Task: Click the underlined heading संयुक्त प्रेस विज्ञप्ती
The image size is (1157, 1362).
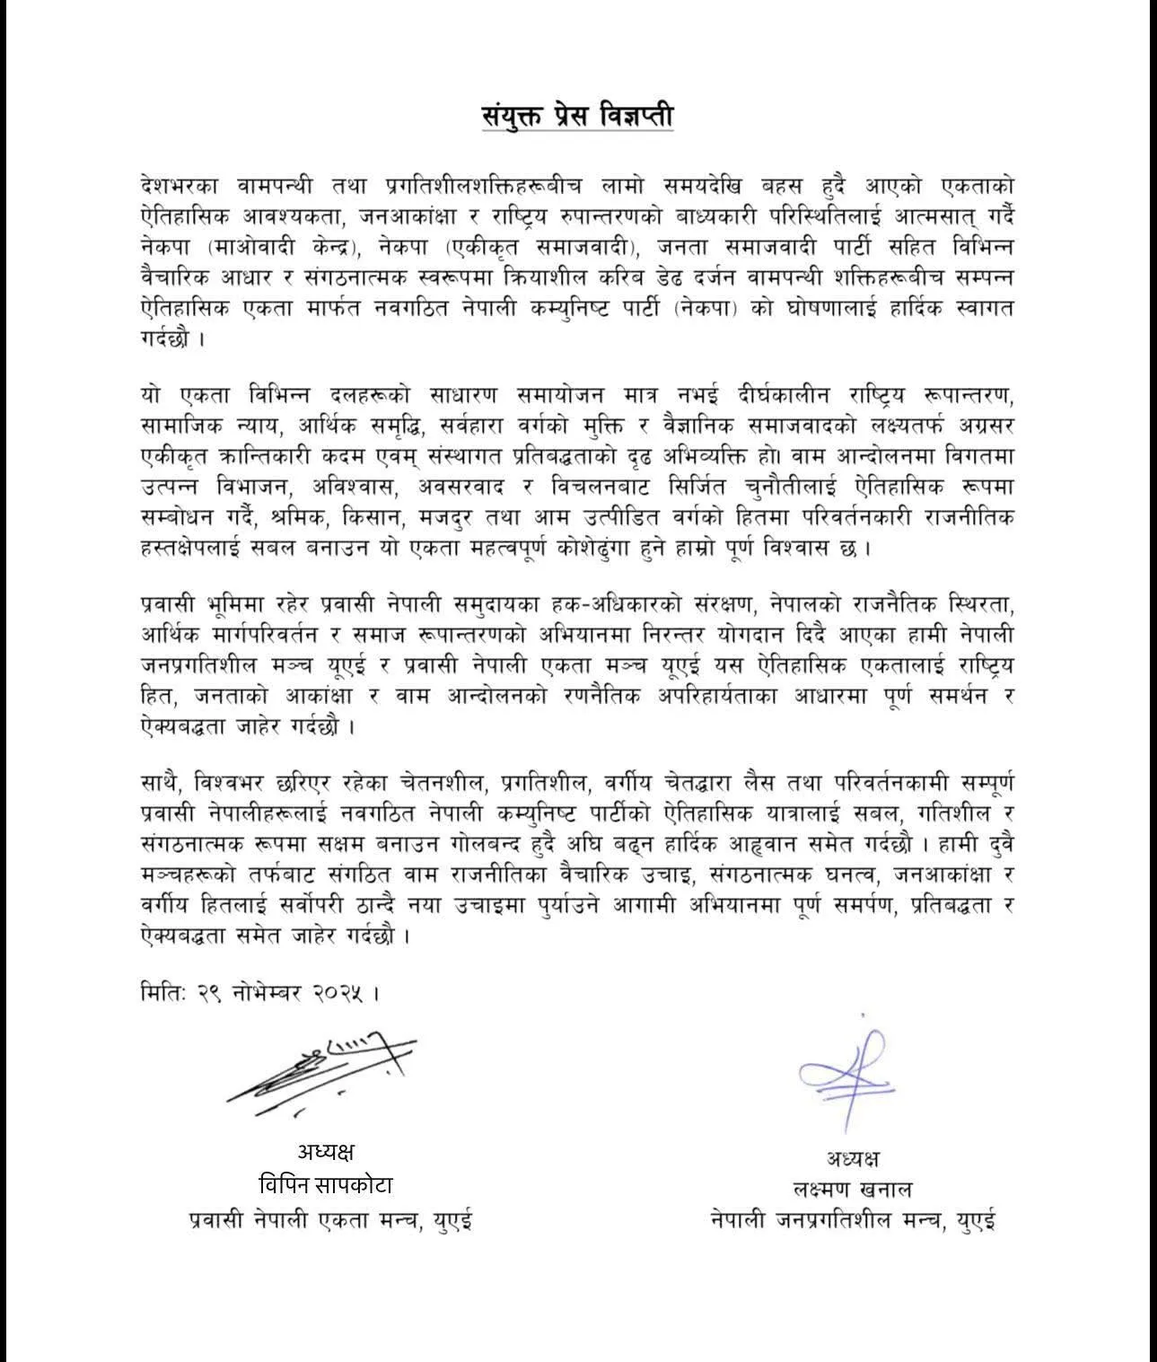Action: tap(577, 117)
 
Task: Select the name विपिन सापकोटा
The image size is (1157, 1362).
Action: tap(325, 1185)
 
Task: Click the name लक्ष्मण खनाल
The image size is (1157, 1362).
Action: tap(853, 1190)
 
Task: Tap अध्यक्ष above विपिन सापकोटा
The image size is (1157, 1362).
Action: tap(326, 1152)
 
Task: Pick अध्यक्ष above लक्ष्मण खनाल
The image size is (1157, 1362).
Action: tap(853, 1157)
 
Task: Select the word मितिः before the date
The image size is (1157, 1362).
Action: tap(163, 993)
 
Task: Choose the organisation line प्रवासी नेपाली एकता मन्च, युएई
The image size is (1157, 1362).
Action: tap(330, 1221)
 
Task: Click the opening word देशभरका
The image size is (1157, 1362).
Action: tap(183, 185)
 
